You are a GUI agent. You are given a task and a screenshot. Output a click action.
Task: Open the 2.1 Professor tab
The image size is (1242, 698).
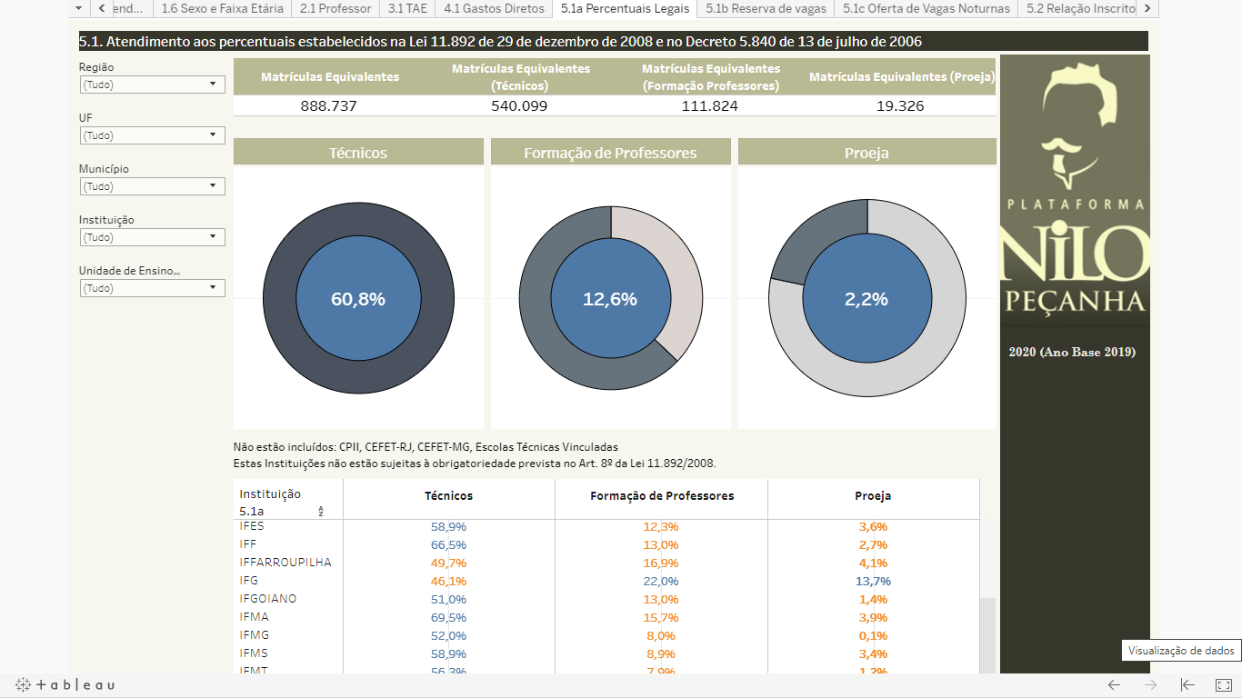pyautogui.click(x=336, y=8)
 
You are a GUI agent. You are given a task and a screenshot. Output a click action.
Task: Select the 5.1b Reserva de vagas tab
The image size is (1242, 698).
pyautogui.click(x=766, y=8)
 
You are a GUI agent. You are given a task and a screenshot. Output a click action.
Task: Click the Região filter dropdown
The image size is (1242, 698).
pyautogui.click(x=152, y=85)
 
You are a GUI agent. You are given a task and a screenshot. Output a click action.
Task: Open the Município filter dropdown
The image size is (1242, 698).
pyautogui.click(x=152, y=186)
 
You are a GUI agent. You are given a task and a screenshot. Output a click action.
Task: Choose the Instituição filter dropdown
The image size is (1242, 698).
pyautogui.click(x=152, y=237)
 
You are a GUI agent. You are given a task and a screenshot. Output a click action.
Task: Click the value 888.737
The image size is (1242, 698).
pyautogui.click(x=329, y=106)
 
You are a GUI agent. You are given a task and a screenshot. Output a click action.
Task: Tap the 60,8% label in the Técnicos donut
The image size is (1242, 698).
pyautogui.click(x=357, y=299)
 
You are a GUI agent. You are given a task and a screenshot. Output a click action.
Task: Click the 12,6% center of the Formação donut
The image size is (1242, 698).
pyautogui.click(x=609, y=299)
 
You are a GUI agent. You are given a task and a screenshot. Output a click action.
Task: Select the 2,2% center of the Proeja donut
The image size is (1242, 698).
pyautogui.click(x=866, y=299)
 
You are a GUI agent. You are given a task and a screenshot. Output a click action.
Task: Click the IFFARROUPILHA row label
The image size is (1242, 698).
pyautogui.click(x=285, y=563)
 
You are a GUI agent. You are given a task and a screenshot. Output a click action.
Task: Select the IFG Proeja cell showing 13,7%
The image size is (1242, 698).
pyautogui.click(x=873, y=581)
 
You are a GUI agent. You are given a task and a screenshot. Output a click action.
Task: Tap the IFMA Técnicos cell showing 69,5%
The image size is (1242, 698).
pyautogui.click(x=448, y=617)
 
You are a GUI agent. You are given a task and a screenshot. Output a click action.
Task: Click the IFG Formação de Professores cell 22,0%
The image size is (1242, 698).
pyautogui.click(x=660, y=581)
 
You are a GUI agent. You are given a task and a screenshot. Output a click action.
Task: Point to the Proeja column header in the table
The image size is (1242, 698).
pyautogui.click(x=873, y=496)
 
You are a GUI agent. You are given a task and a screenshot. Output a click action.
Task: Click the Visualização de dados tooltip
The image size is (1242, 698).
pyautogui.click(x=1181, y=651)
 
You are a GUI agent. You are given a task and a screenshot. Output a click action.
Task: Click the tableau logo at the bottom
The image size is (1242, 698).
pyautogui.click(x=65, y=684)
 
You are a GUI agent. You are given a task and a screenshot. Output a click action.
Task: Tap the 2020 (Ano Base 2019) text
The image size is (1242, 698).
pyautogui.click(x=1072, y=353)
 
